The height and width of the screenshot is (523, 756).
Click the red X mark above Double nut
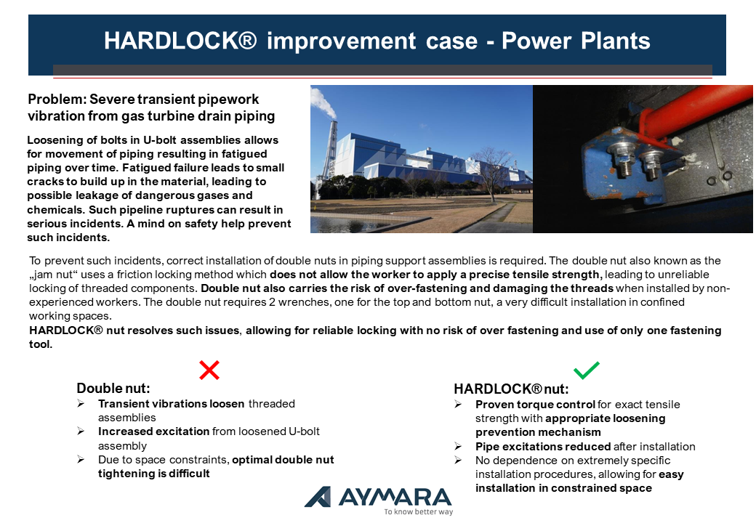pos(209,370)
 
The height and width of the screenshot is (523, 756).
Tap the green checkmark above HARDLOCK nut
pos(587,370)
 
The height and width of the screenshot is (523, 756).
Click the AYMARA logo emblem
pos(318,497)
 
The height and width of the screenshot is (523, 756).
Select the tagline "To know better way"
pos(419,511)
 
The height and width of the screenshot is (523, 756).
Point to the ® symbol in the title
pos(247,39)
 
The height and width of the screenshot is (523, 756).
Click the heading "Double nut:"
pos(113,388)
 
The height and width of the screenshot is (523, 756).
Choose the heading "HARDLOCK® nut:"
pos(511,389)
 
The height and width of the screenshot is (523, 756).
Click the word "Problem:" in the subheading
pos(57,100)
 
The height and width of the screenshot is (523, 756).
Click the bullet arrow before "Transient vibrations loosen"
pos(81,404)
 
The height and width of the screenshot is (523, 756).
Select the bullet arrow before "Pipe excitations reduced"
pos(458,447)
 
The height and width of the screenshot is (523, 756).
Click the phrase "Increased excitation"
pos(154,431)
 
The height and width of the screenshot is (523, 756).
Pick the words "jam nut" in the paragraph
pos(54,275)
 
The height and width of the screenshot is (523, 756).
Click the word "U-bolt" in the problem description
pos(160,140)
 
